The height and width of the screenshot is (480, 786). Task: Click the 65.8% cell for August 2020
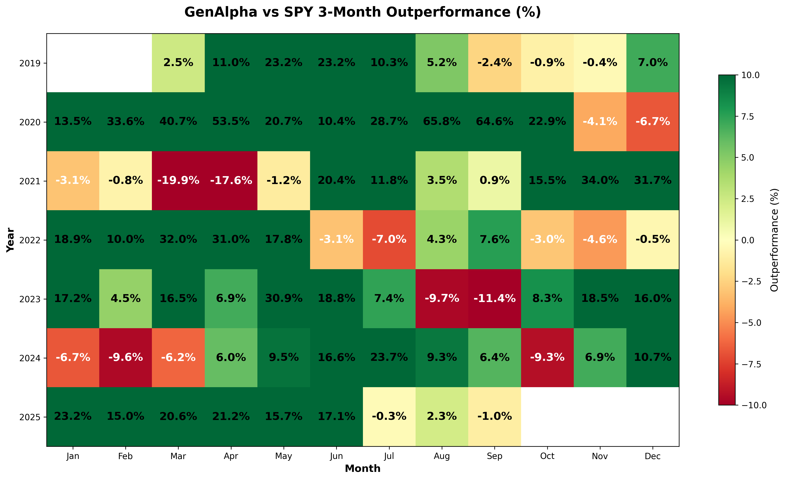click(x=442, y=122)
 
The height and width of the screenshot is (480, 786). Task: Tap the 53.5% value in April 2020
click(x=231, y=122)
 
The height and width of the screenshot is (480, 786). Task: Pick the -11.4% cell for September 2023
click(x=494, y=299)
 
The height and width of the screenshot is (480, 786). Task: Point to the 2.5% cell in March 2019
click(x=178, y=63)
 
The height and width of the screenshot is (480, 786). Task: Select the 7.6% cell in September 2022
click(x=494, y=240)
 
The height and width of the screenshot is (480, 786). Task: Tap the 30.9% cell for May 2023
click(x=284, y=299)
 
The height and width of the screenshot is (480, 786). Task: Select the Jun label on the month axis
click(x=336, y=456)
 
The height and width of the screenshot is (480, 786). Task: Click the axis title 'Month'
click(x=363, y=468)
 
